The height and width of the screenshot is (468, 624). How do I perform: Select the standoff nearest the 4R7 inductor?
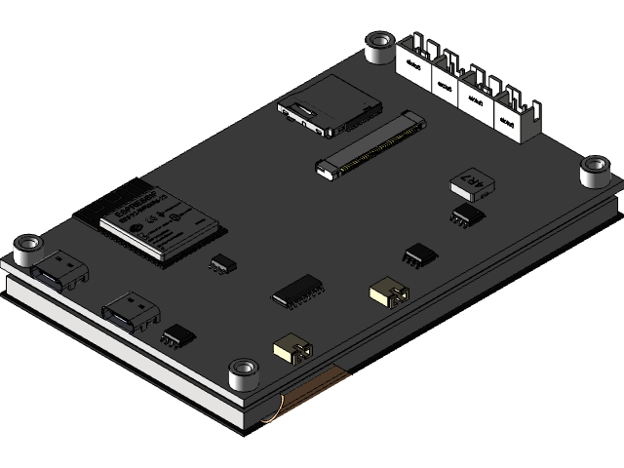[594, 171]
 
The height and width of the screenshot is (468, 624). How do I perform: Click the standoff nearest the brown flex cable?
[241, 373]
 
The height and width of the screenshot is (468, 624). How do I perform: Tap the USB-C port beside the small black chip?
[132, 314]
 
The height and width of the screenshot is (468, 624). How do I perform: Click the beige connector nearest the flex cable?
[292, 350]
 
